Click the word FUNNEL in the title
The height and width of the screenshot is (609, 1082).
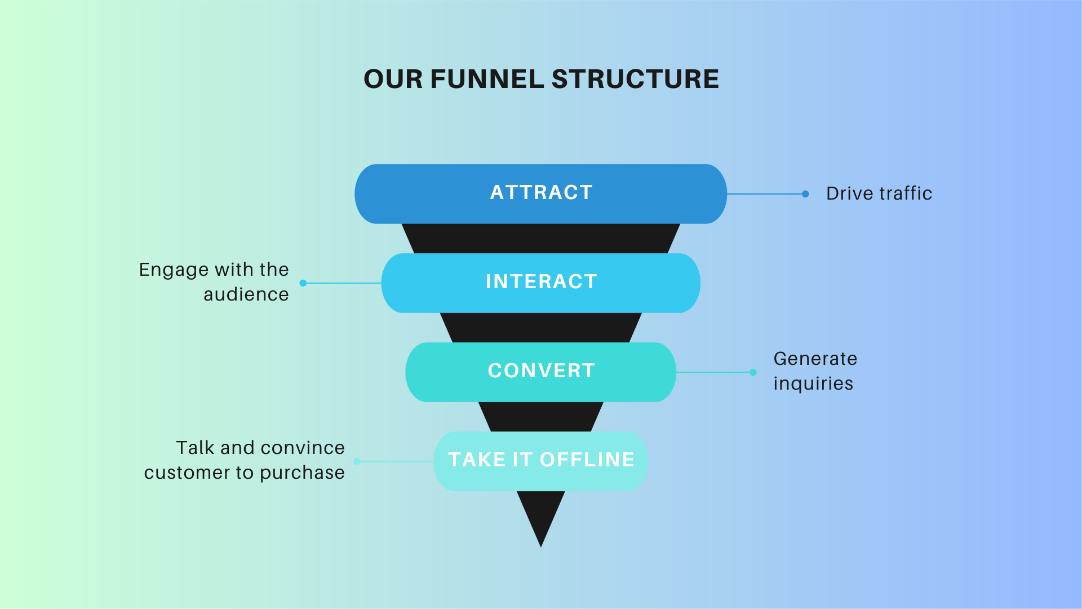487,79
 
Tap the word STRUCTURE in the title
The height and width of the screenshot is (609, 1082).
635,79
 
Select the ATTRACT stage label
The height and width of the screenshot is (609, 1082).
542,192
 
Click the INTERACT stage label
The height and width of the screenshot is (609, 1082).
542,281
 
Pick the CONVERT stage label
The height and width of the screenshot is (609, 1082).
542,370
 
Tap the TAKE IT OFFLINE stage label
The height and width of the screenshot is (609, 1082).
542,460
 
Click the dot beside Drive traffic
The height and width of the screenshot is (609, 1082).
805,194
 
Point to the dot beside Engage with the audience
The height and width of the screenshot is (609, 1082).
303,283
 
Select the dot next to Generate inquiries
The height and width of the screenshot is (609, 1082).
753,372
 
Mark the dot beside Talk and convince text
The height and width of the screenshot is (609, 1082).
357,461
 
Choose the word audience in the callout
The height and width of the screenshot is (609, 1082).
246,294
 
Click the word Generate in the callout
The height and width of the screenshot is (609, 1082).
815,359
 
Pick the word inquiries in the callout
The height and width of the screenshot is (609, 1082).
813,384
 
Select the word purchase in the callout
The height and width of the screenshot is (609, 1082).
302,473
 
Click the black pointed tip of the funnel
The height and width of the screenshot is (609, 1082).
541,546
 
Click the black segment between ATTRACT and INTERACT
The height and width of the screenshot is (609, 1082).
541,239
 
